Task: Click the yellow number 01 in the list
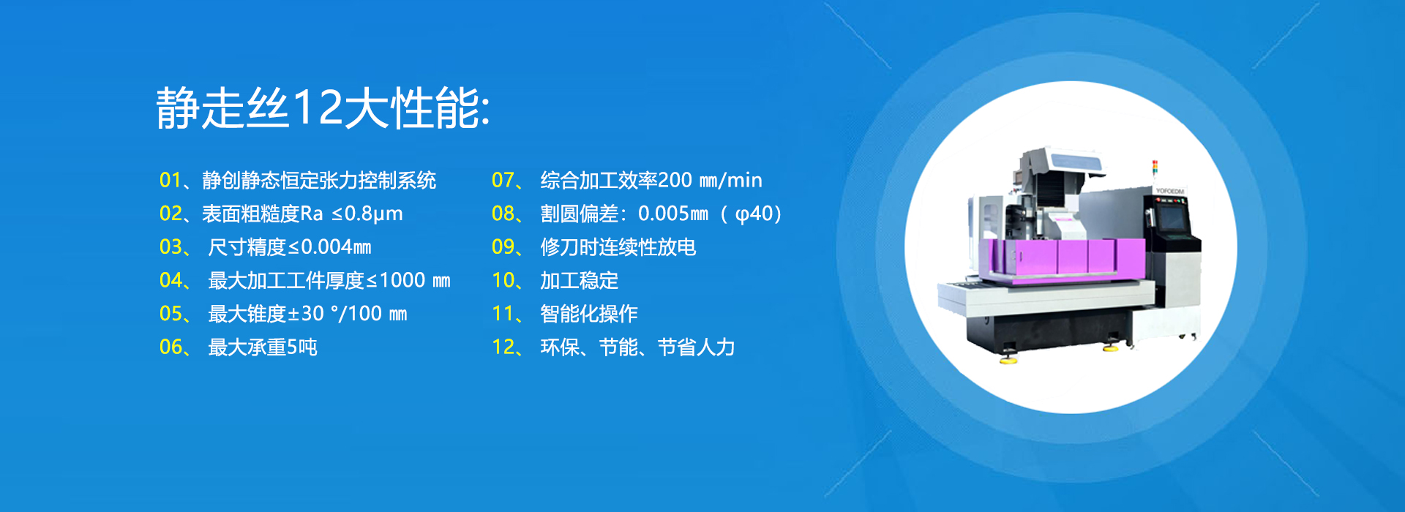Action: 171,180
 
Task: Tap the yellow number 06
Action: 171,347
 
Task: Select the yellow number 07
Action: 503,180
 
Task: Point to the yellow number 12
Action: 503,347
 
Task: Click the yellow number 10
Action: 503,280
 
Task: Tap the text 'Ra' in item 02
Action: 312,214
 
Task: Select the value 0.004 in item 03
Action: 326,247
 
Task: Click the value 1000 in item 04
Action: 402,280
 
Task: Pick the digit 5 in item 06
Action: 292,347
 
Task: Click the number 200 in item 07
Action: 675,180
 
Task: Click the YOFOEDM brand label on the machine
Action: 1169,191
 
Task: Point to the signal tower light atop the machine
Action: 1155,169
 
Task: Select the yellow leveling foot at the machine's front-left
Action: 1010,359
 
